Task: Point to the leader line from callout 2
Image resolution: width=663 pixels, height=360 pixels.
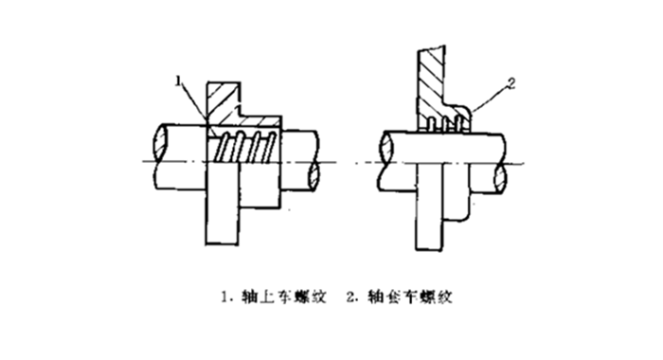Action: pyautogui.click(x=491, y=99)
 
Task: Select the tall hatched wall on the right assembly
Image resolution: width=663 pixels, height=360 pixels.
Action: pyautogui.click(x=432, y=81)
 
